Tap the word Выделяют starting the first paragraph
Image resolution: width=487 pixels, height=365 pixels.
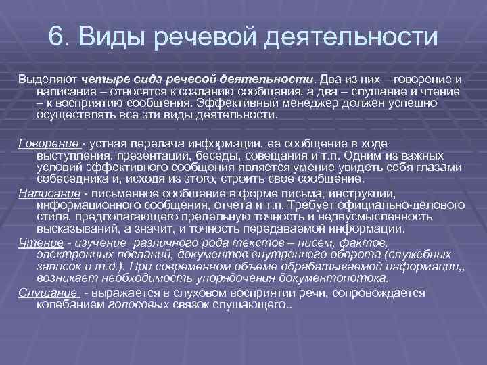46,80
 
